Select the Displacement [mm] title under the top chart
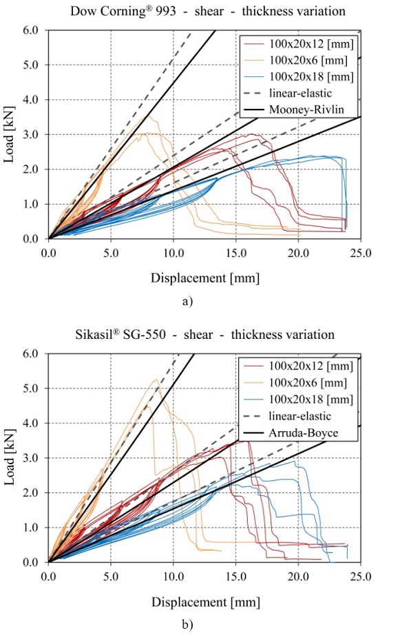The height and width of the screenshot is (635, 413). pos(204,277)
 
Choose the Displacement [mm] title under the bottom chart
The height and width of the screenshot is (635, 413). pos(204,601)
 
